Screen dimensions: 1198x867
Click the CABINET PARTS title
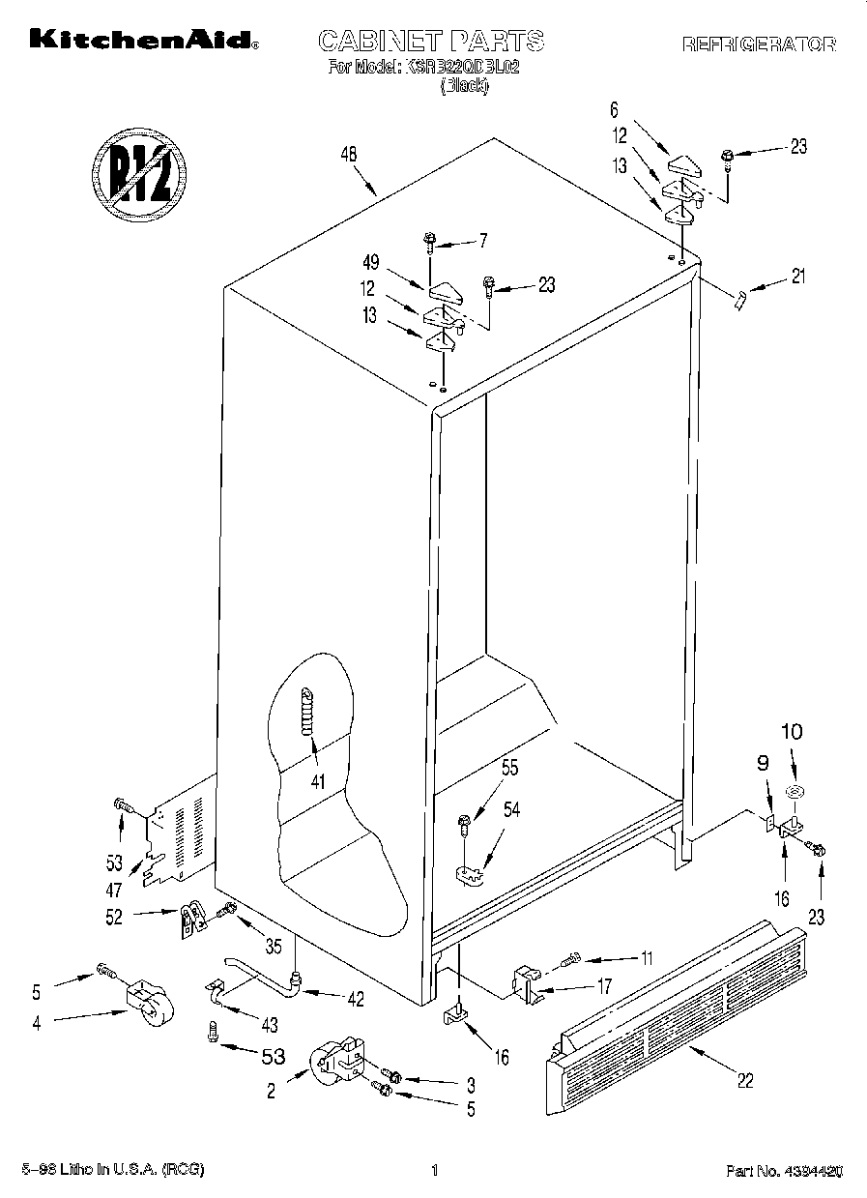[x=431, y=41]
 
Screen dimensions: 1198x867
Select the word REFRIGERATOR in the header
[x=759, y=44]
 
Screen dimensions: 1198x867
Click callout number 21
[x=796, y=276]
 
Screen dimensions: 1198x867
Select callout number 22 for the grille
[x=744, y=1080]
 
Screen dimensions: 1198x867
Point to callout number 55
[x=510, y=770]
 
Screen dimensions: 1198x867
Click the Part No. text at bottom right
[x=784, y=1171]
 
